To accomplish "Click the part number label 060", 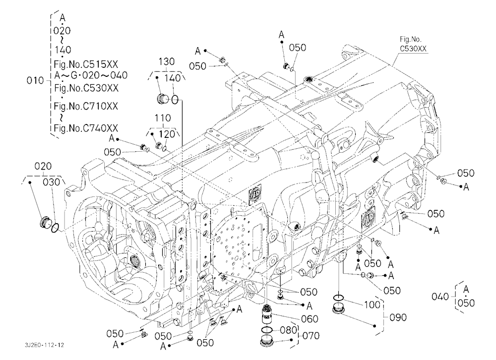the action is click(x=310, y=319).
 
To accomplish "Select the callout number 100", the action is click(x=372, y=304).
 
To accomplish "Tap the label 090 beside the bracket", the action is click(x=398, y=317).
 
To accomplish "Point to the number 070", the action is click(x=311, y=336).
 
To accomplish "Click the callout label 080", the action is click(x=289, y=330).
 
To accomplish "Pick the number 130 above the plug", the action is click(x=166, y=61).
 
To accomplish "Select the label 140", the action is click(x=173, y=78).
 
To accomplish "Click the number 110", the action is click(x=163, y=118).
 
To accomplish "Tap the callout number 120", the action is click(x=167, y=134).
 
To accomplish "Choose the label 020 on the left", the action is click(x=43, y=166).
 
